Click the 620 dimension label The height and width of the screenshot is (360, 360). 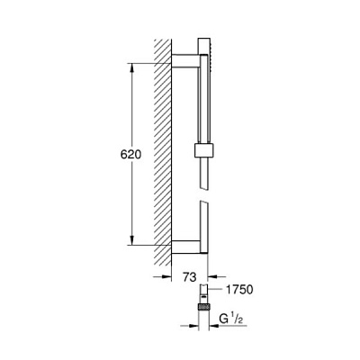coord(130,155)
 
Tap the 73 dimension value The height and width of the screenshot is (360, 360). coord(190,277)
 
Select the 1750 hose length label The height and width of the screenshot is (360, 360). coord(239,290)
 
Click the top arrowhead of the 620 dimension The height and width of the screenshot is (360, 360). coord(131,68)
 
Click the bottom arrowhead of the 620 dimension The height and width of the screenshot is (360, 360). coord(131,240)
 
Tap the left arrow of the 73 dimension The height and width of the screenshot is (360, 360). coord(162,276)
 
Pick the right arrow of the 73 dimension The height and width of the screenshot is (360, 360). coord(217,276)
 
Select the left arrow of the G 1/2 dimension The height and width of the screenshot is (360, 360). coord(190,326)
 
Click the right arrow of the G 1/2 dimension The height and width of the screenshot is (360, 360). coord(219,326)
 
